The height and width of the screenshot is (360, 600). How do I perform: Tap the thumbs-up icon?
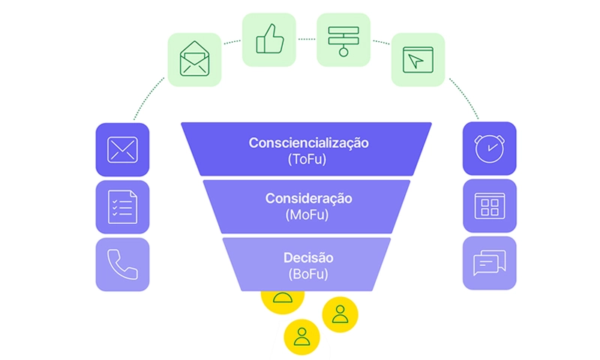click(268, 39)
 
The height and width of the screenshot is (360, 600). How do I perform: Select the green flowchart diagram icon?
click(343, 39)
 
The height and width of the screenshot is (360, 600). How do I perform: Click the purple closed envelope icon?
click(122, 149)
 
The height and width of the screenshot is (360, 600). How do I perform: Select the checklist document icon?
click(122, 206)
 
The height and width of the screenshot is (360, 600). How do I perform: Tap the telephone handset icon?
click(122, 264)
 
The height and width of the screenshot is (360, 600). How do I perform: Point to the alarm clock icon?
click(490, 148)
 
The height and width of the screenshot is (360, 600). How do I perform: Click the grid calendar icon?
click(490, 205)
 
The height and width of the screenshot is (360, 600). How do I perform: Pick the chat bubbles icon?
click(490, 263)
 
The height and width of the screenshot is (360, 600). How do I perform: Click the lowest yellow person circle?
click(301, 335)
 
